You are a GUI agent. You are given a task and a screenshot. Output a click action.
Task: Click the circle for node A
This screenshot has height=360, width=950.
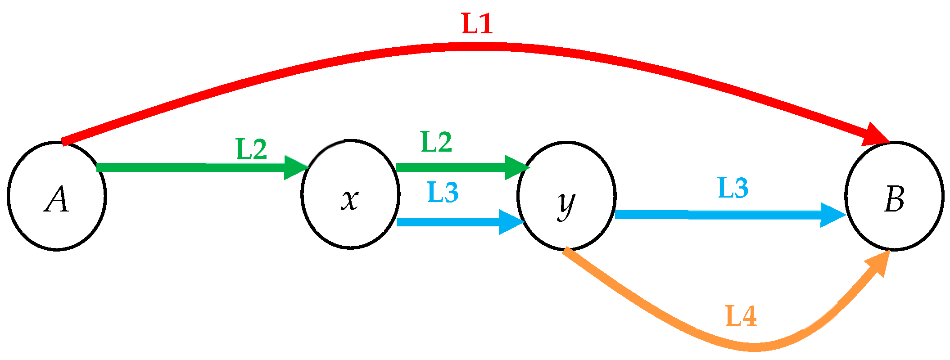click(57, 196)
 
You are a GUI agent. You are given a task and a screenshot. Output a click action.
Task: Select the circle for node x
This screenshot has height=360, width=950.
click(350, 194)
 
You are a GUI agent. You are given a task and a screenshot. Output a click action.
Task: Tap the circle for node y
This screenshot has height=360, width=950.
click(566, 196)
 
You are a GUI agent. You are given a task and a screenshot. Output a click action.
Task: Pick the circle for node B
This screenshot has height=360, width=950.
click(894, 196)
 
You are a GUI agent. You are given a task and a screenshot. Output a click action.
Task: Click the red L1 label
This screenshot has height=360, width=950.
click(477, 24)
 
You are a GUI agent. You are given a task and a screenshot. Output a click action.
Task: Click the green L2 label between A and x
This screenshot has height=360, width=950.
click(252, 149)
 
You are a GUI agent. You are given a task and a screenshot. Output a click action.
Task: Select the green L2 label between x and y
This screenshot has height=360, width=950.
click(436, 142)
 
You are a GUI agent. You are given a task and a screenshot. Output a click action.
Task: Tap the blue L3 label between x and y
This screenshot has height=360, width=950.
click(443, 192)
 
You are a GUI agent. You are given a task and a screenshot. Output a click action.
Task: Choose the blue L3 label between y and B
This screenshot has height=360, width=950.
click(733, 188)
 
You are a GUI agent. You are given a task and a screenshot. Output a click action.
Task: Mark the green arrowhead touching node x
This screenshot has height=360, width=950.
click(295, 167)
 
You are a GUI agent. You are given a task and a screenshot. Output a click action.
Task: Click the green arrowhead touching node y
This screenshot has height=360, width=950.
click(516, 167)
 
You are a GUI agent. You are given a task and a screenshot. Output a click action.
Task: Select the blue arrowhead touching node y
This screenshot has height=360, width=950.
click(511, 222)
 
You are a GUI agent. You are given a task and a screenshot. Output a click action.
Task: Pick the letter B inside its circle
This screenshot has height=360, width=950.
click(894, 199)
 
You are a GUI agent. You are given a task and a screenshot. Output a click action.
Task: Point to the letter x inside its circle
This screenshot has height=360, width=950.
click(350, 200)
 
